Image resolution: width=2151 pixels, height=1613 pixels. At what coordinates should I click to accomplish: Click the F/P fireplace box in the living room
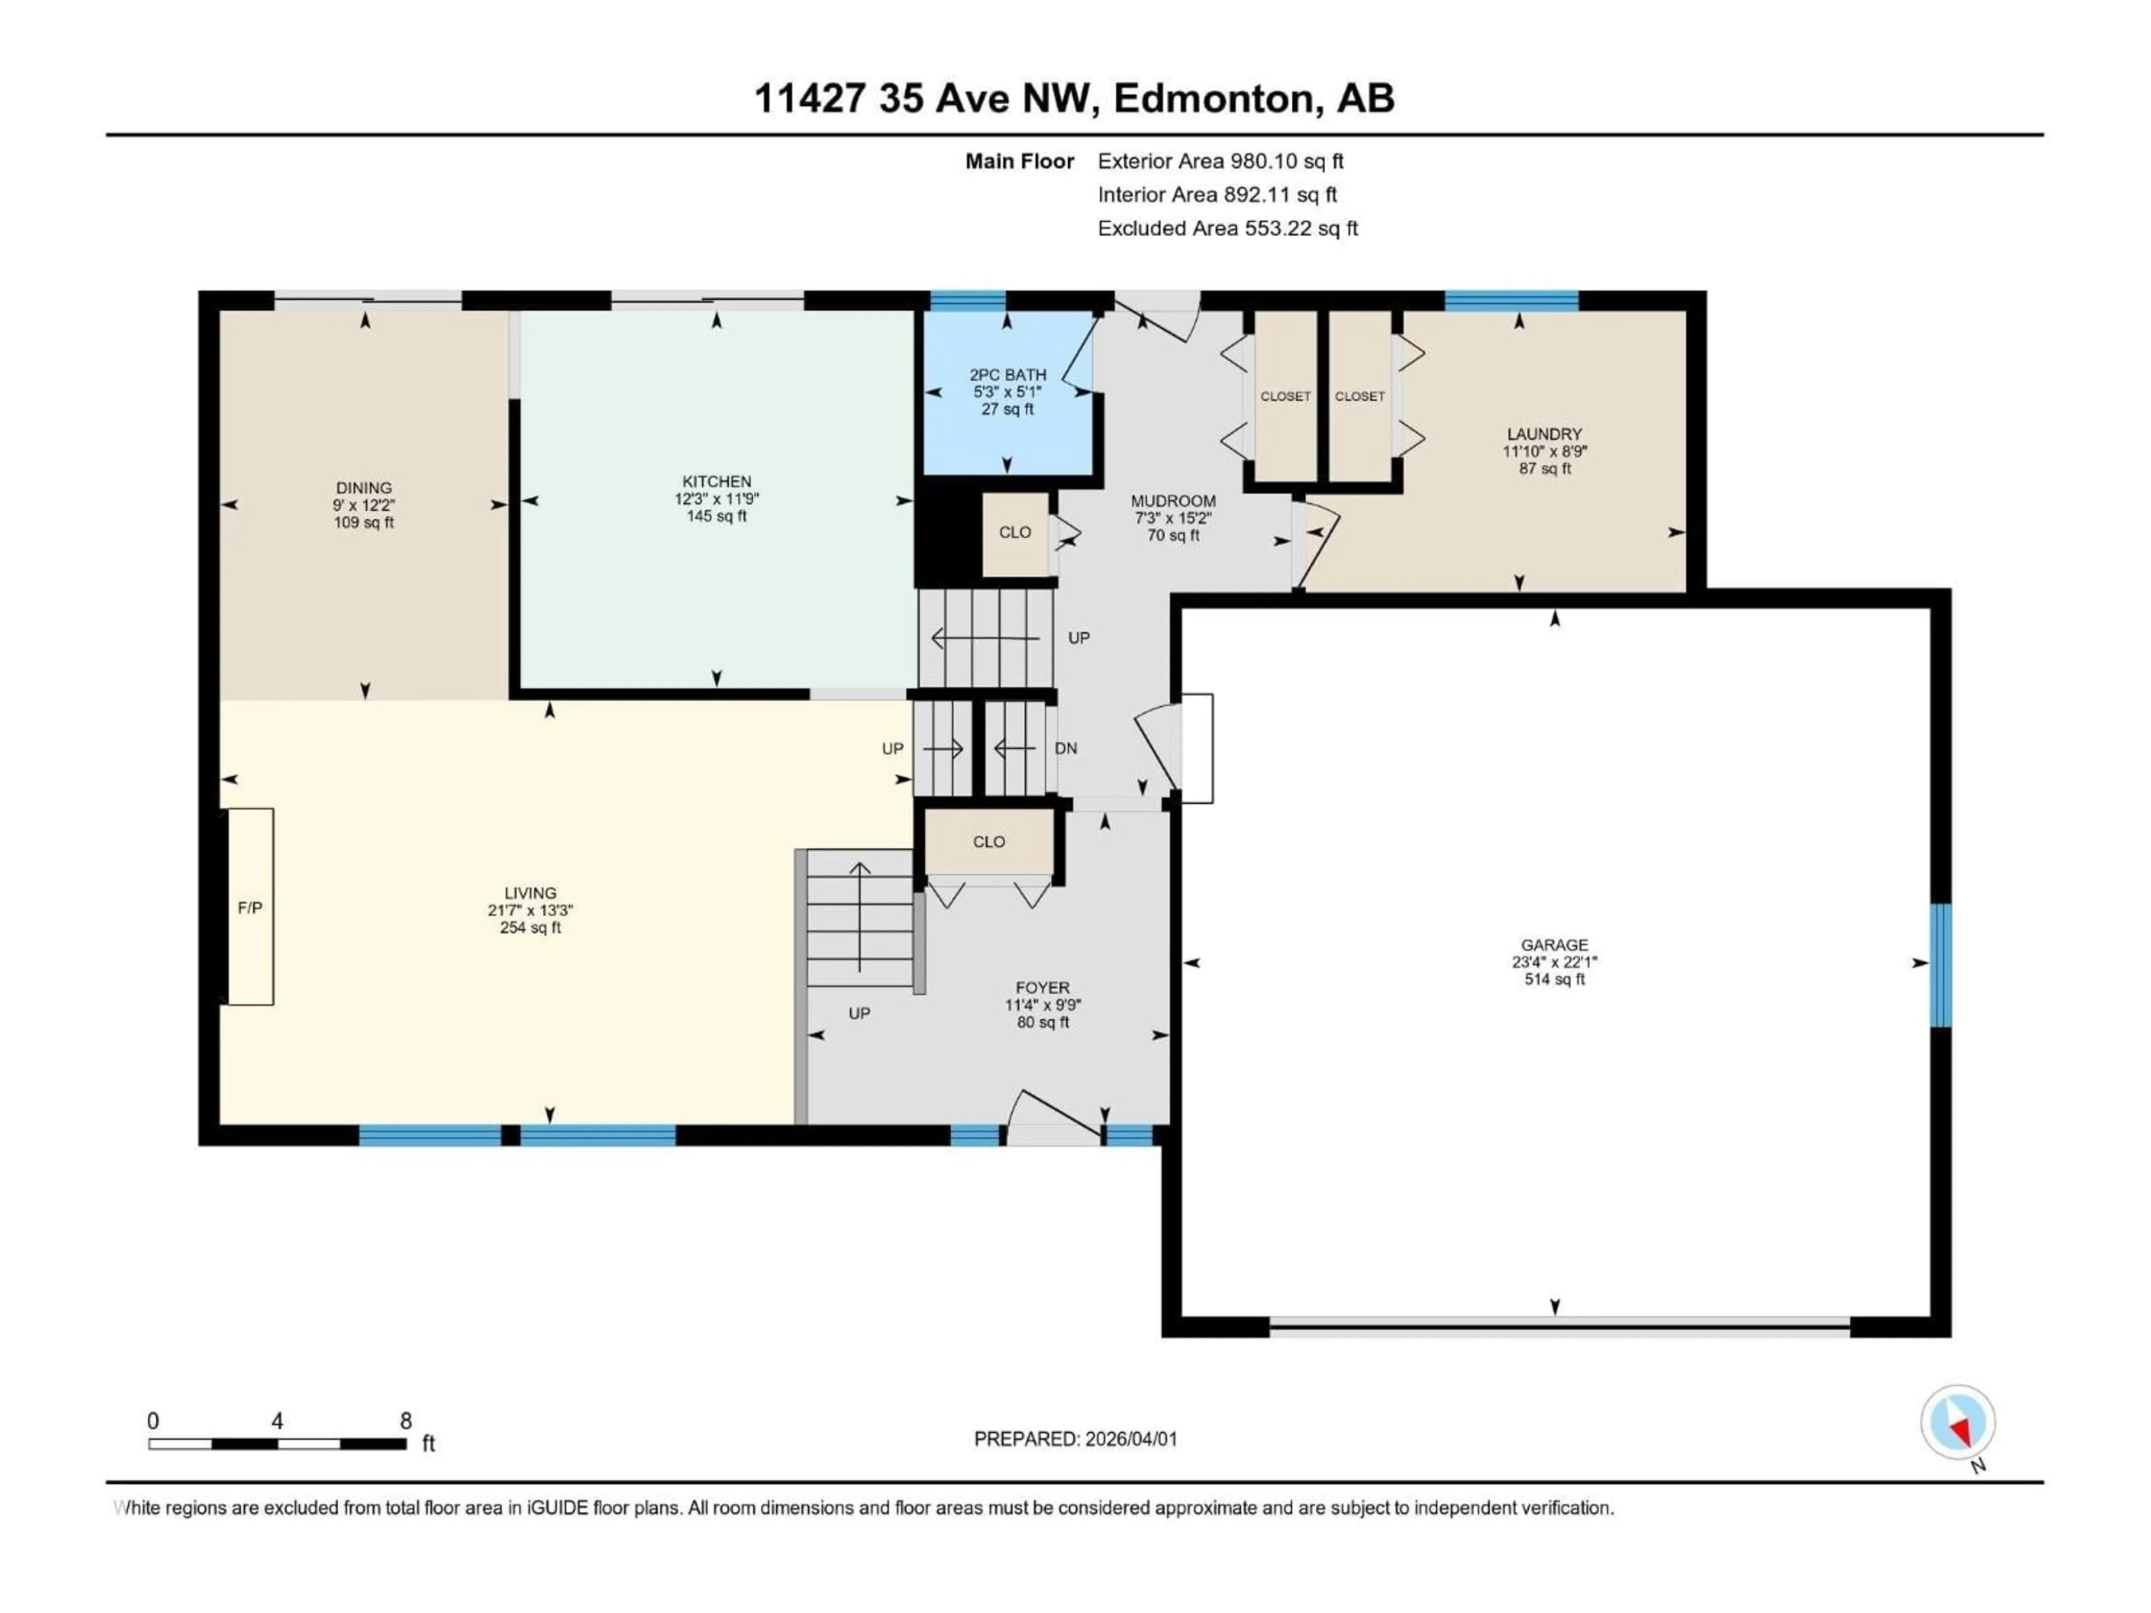point(250,907)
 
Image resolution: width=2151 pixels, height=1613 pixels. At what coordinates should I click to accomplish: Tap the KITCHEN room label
point(716,481)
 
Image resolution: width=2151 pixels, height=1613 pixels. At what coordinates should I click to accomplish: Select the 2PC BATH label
point(1007,374)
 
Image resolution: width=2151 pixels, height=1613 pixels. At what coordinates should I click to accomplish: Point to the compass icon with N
point(1958,1423)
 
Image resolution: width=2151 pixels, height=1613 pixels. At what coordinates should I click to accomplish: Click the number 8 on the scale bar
point(406,1420)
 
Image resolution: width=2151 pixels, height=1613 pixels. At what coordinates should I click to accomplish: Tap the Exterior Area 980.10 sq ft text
point(1221,161)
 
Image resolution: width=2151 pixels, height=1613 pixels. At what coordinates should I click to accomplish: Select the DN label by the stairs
point(1066,749)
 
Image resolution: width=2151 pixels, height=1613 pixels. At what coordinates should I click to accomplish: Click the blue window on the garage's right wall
point(1940,964)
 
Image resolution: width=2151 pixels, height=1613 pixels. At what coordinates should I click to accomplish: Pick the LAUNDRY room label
point(1544,433)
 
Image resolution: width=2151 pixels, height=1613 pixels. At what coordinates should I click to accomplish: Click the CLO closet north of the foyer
point(989,842)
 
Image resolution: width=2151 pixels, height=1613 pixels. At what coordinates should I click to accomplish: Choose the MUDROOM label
point(1173,501)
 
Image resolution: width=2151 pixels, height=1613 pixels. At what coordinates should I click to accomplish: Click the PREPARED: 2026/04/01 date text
point(1075,1439)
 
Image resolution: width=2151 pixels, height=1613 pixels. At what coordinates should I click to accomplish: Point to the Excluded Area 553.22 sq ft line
point(1227,229)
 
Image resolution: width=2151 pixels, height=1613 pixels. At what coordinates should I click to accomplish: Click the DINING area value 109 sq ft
point(364,522)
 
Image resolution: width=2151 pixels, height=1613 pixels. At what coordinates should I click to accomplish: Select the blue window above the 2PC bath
point(967,300)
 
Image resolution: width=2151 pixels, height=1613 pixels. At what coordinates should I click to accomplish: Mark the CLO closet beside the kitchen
point(1015,533)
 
